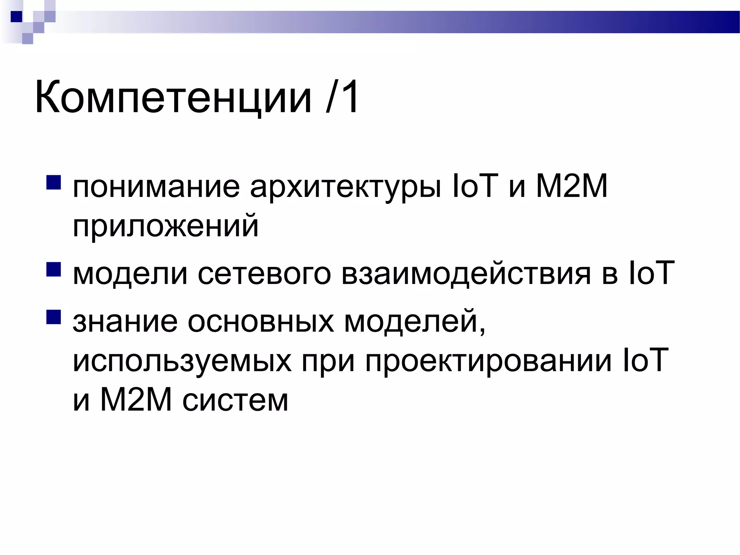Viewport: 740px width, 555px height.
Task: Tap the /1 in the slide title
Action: (342, 97)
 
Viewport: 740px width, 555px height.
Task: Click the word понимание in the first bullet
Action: (156, 187)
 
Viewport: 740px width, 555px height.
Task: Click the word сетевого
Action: (264, 274)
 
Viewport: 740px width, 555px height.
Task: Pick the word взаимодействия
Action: (466, 274)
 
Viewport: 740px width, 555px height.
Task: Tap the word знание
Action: (125, 321)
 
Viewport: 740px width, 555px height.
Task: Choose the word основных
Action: (261, 321)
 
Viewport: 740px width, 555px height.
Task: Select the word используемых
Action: (182, 361)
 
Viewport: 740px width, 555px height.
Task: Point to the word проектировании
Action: (488, 361)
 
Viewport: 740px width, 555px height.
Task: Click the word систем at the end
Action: (235, 400)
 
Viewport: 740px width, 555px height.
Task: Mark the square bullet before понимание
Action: (53, 182)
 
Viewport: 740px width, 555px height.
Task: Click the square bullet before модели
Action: (53, 269)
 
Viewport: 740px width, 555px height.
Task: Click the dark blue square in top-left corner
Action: (16, 17)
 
